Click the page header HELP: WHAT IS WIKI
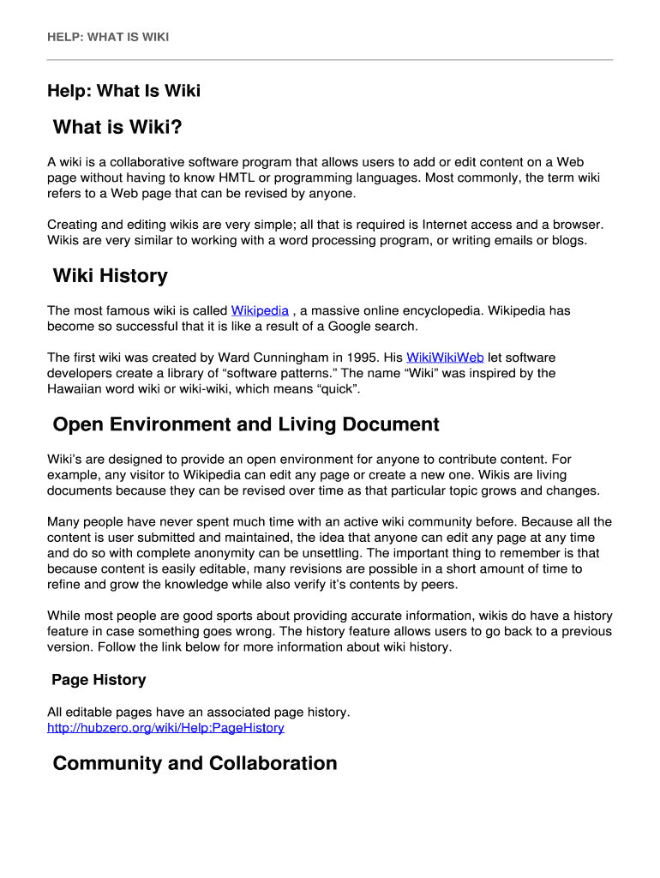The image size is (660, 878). [108, 37]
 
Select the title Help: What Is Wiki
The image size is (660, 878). [123, 91]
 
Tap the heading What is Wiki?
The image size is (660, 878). [117, 128]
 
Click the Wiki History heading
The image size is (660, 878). [110, 276]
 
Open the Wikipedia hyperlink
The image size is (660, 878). [260, 310]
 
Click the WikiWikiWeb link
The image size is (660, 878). [445, 357]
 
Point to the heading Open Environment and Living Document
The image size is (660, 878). [246, 424]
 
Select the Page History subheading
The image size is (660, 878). [99, 680]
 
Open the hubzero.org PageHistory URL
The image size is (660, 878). [165, 728]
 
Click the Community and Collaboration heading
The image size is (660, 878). [195, 763]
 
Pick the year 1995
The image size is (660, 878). [360, 357]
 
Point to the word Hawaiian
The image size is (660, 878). [74, 389]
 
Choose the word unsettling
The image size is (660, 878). [330, 553]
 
